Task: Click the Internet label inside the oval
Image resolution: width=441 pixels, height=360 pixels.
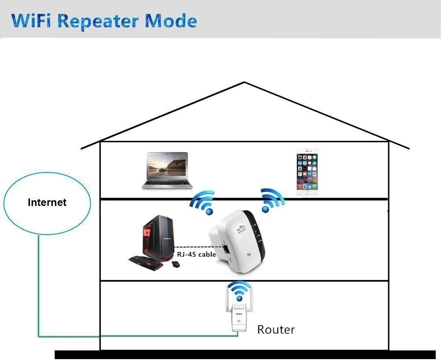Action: [x=47, y=202]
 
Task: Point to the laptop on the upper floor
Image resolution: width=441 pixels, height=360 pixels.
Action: [x=167, y=170]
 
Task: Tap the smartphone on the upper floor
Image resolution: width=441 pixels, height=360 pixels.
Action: [x=307, y=172]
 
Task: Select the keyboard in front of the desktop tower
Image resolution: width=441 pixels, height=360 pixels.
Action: [x=146, y=263]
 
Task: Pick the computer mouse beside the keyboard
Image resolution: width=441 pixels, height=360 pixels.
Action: [x=176, y=264]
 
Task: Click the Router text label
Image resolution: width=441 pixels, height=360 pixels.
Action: [x=276, y=329]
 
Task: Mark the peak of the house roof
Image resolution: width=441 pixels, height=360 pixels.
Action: [x=244, y=82]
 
